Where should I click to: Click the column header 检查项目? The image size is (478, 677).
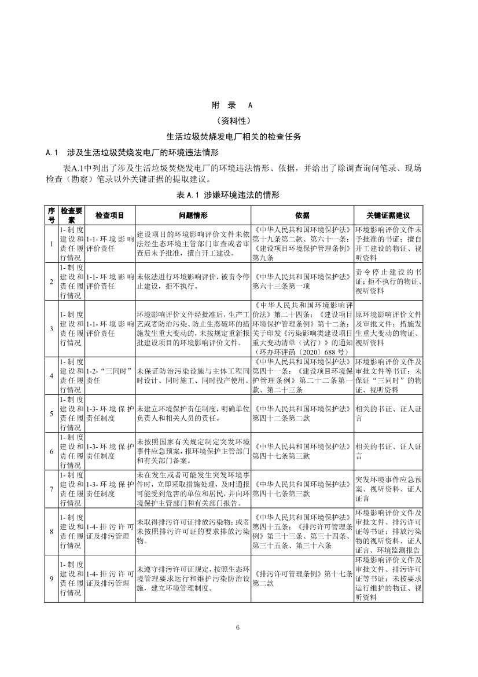click(x=110, y=215)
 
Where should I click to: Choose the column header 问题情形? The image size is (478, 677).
click(x=193, y=215)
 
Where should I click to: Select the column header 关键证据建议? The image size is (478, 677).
click(x=388, y=215)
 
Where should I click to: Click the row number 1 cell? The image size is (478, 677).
click(x=51, y=243)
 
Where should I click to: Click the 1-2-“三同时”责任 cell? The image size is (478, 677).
click(x=110, y=376)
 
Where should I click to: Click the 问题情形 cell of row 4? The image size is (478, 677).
click(x=193, y=376)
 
